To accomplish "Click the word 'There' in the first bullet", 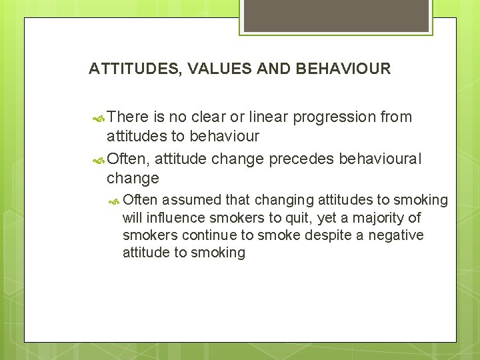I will pos(128,117).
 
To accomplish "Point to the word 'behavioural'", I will pos(381,159).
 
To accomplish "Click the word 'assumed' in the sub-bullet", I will pos(192,199).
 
